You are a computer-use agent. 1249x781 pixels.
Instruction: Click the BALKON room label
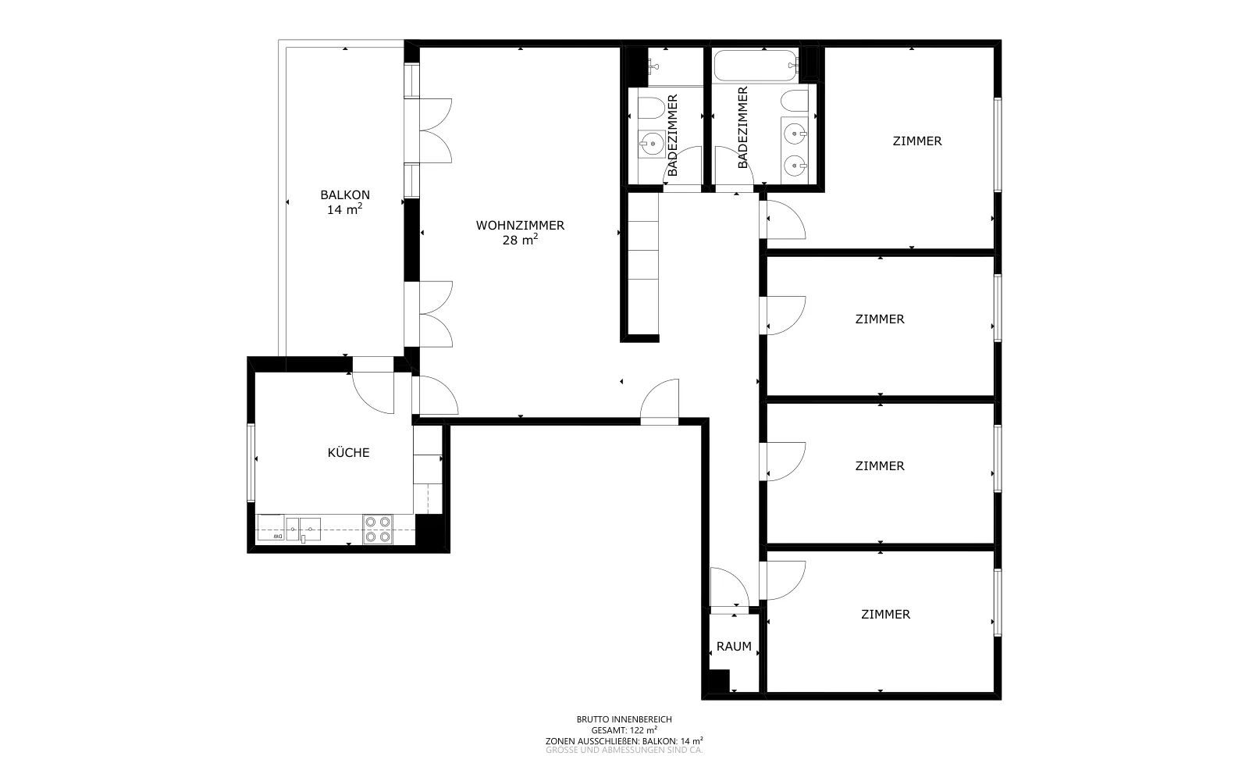coord(345,194)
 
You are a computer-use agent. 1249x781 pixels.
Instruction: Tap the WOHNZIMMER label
coord(520,226)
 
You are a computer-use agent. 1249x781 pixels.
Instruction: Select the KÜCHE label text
coord(348,452)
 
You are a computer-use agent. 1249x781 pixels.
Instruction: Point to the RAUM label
coord(734,646)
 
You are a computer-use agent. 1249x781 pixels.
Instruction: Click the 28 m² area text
coord(520,240)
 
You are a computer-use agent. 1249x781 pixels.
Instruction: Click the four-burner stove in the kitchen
coord(378,529)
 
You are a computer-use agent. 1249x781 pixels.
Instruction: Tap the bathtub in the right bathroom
coord(756,66)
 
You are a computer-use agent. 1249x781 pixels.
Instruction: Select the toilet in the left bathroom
coord(650,109)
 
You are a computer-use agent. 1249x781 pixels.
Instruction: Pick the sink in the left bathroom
coord(652,144)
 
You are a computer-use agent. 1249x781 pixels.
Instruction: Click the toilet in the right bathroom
coord(794,102)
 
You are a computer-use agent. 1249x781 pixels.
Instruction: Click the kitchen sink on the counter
coord(310,529)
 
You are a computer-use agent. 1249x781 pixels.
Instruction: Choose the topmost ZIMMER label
coord(917,141)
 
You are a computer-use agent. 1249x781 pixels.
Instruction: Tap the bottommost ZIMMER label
coord(885,614)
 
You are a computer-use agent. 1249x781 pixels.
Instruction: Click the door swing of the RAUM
coord(729,587)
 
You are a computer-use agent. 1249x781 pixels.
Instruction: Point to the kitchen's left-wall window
coord(251,462)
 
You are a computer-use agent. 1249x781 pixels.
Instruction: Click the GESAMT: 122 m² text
coord(624,730)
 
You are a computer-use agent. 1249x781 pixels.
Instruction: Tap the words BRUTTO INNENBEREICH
coord(624,719)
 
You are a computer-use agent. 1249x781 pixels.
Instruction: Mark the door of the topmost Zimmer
coord(786,219)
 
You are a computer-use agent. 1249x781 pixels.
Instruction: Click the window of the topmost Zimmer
coord(998,144)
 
